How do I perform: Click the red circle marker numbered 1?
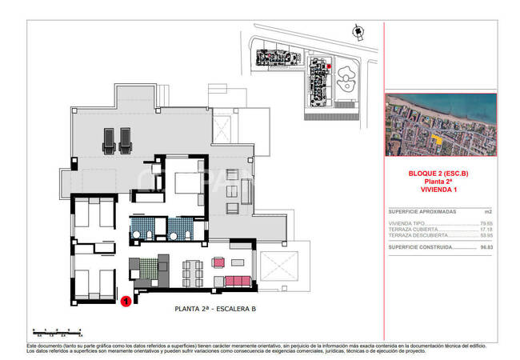126,302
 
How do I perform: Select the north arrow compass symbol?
356,30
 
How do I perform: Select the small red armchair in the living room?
218,262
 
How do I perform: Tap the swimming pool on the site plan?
346,79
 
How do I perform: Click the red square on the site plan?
328,67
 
